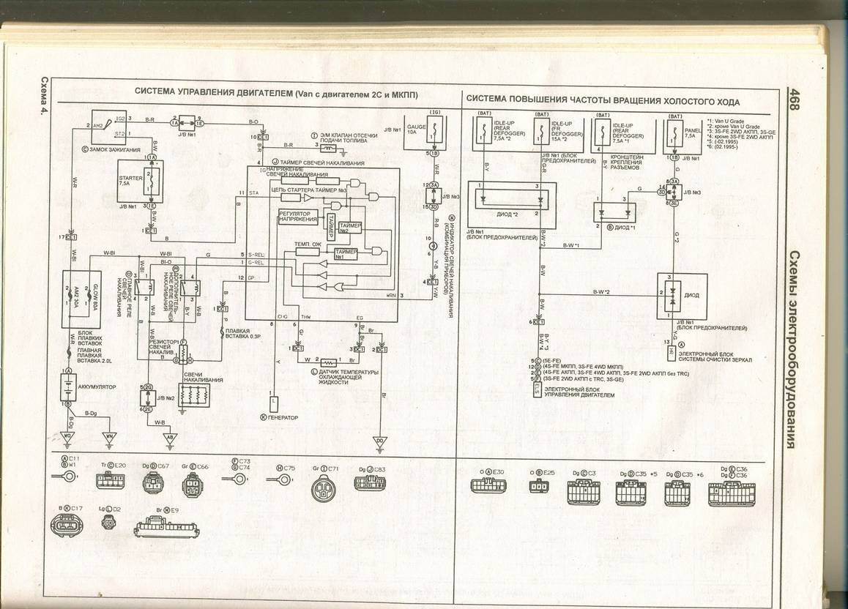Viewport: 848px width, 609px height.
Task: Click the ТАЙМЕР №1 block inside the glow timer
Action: [345, 253]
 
